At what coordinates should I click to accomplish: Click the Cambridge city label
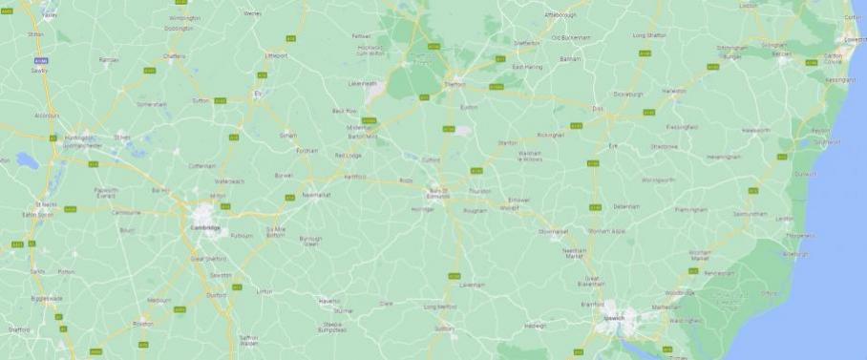point(205,228)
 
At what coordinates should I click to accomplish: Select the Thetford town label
point(456,84)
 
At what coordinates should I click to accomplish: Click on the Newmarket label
point(315,195)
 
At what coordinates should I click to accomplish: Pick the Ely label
point(257,94)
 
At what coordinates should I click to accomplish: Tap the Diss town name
point(599,110)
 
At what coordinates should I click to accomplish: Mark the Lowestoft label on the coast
point(855,40)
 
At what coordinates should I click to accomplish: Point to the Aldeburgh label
point(795,254)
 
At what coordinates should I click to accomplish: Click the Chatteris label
point(174,56)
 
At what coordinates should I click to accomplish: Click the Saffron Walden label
point(248,340)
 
